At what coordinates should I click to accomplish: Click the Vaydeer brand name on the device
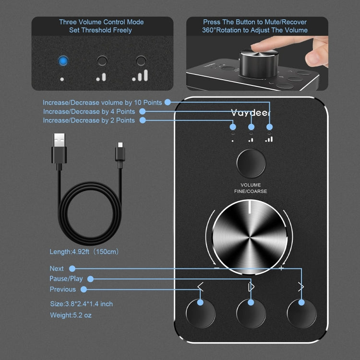(251, 113)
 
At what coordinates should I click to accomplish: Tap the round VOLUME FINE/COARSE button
(251, 163)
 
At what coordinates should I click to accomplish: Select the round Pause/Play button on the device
(251, 313)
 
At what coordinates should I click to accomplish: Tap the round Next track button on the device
(302, 313)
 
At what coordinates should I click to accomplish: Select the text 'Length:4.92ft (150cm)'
(84, 252)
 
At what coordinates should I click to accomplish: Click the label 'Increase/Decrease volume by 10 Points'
(103, 102)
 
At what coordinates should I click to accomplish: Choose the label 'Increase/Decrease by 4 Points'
(89, 111)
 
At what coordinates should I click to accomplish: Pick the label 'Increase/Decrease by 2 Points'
(89, 120)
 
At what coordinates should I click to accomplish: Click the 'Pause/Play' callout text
(66, 279)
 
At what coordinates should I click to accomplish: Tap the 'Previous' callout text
(62, 289)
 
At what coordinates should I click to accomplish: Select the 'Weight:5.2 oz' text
(71, 315)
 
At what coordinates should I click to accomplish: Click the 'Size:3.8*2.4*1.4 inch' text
(81, 304)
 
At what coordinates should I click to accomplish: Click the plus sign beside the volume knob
(281, 268)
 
